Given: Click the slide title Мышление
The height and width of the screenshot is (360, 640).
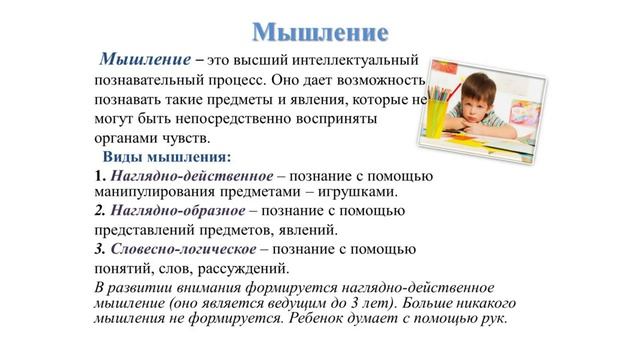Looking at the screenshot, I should (319, 30).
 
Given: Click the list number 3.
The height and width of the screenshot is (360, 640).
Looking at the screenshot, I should (98, 248).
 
